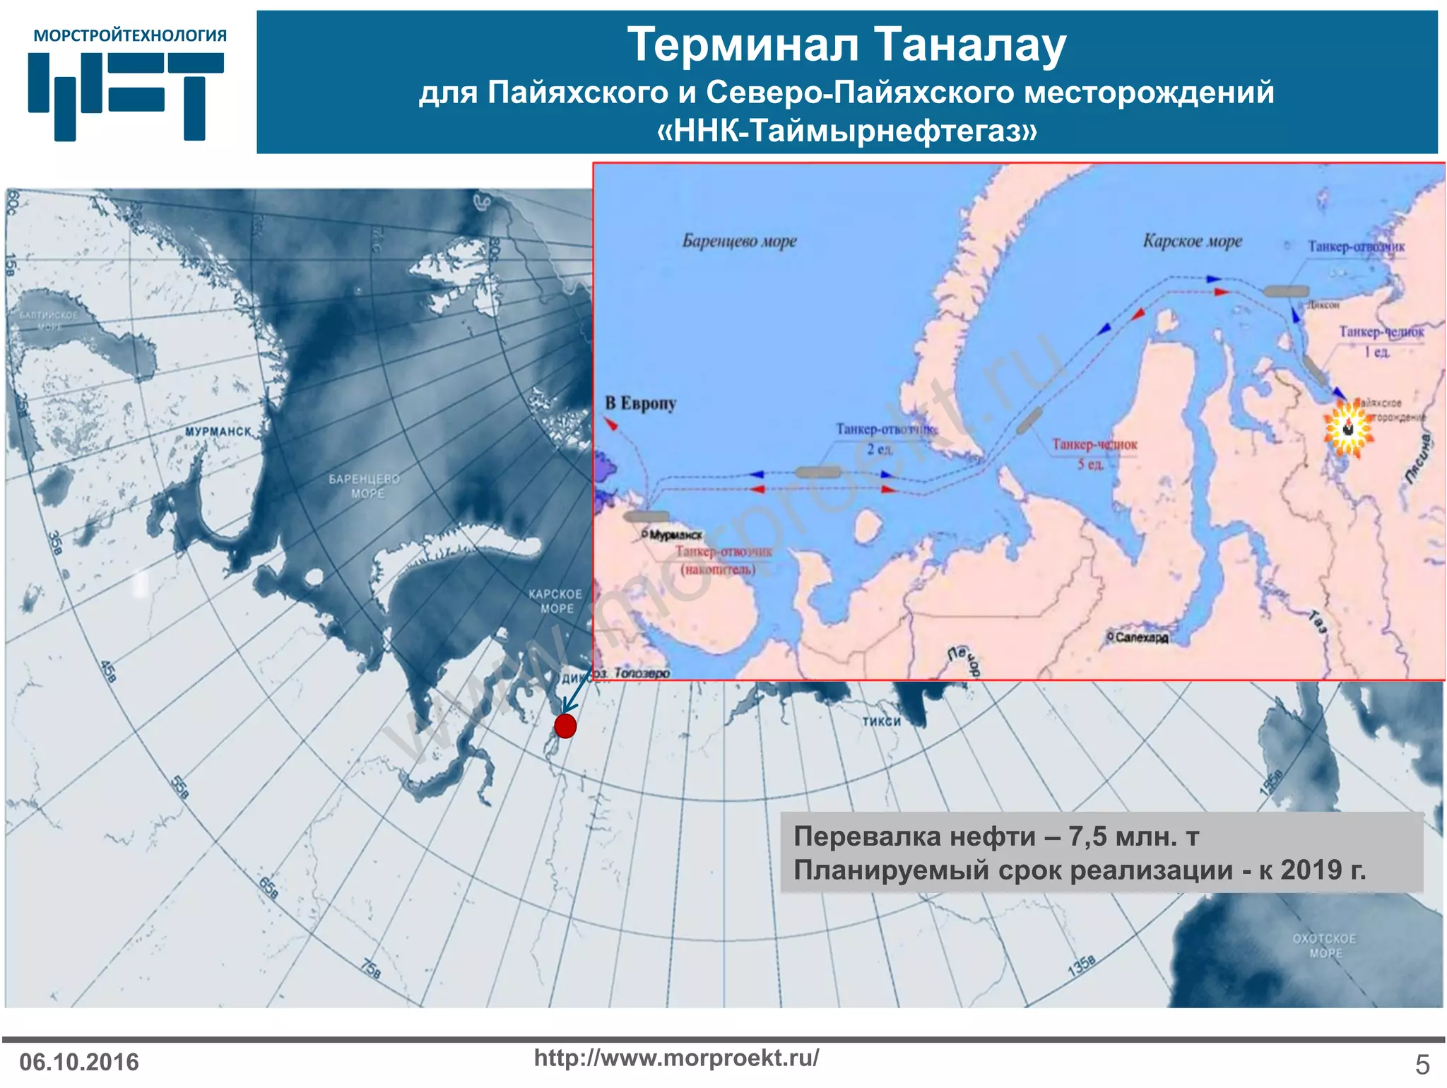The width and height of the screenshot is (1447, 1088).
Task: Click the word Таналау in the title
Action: [x=969, y=45]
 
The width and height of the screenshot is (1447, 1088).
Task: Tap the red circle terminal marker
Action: [x=565, y=726]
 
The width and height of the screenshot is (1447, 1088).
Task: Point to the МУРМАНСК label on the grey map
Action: [x=218, y=431]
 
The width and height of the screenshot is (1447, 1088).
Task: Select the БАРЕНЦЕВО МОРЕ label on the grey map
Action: [x=365, y=486]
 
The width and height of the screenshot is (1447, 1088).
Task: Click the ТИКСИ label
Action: [x=881, y=721]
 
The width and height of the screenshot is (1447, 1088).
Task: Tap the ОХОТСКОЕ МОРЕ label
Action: [x=1324, y=945]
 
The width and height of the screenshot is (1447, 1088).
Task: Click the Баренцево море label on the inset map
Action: [x=739, y=242]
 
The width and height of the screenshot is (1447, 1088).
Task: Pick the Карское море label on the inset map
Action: [x=1193, y=242]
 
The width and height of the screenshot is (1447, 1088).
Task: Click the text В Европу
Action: [x=641, y=403]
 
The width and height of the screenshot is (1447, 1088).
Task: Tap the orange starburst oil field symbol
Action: [x=1349, y=427]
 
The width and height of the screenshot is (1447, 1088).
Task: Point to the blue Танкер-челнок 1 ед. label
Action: [x=1381, y=341]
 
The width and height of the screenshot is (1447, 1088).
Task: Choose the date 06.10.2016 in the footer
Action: [x=79, y=1062]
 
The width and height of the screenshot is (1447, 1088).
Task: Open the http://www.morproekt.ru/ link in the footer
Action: [x=676, y=1058]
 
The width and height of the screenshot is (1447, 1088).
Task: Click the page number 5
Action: [x=1422, y=1064]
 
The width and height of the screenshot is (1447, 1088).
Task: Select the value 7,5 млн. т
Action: [x=1133, y=836]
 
